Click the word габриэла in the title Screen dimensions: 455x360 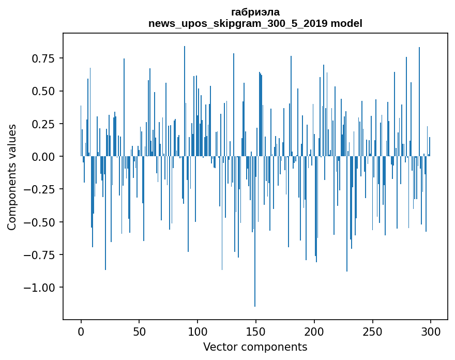click(x=255, y=12)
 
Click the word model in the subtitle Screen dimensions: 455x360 click(x=346, y=23)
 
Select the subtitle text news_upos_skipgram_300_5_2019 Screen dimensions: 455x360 click(x=238, y=24)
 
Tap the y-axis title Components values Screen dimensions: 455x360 click(x=11, y=177)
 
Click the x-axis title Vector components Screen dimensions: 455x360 click(x=255, y=347)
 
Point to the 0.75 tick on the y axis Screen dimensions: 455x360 click(x=43, y=58)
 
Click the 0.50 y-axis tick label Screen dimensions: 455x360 click(x=43, y=91)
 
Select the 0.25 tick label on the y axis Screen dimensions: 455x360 click(x=43, y=124)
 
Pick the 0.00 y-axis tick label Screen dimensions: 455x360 click(x=43, y=157)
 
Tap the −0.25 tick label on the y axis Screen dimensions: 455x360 click(x=39, y=190)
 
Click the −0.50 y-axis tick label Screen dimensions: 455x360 click(x=39, y=222)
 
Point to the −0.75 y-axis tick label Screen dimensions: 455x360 click(x=39, y=255)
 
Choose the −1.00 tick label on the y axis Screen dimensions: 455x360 click(x=39, y=288)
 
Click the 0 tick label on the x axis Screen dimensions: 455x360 click(x=81, y=332)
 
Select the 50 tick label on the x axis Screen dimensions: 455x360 click(x=139, y=332)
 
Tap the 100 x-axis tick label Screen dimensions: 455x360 click(x=198, y=332)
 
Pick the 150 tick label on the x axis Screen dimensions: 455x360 click(x=255, y=332)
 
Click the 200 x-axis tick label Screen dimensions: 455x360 click(x=314, y=332)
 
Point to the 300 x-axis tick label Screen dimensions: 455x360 click(x=431, y=332)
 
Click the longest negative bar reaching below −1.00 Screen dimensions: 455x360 click(x=255, y=231)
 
